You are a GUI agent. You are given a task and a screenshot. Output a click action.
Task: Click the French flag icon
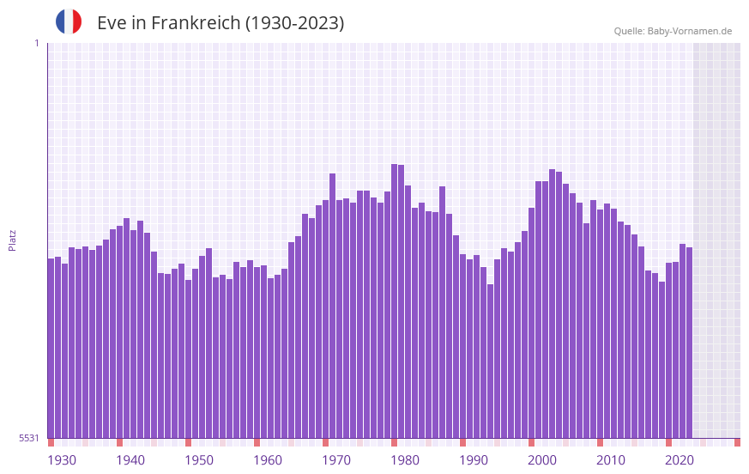coord(69,21)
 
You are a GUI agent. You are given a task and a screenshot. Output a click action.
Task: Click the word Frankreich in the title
coord(196,23)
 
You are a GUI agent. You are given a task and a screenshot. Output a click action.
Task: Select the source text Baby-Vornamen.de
coord(689,31)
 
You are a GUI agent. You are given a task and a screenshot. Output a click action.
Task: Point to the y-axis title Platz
coord(12,240)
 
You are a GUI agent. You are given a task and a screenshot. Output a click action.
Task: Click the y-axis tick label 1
coord(36,43)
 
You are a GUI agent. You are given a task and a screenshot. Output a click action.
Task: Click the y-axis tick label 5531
coord(29,438)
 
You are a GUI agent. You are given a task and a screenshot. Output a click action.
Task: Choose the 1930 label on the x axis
coord(62,460)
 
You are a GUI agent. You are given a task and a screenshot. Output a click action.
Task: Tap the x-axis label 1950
coord(199,460)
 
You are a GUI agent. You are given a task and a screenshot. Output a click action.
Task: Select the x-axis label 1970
coord(336,460)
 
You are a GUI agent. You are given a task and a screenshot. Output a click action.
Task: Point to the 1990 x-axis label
coord(474,460)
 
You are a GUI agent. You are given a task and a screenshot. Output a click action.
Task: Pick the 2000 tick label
coord(542,460)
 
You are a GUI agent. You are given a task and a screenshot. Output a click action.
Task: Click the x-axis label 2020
coord(680,460)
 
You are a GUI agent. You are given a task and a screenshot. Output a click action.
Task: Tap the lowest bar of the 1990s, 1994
coord(490,361)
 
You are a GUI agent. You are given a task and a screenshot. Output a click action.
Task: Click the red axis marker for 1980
coord(394,442)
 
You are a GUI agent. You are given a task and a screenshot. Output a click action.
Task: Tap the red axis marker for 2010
coord(600,442)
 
